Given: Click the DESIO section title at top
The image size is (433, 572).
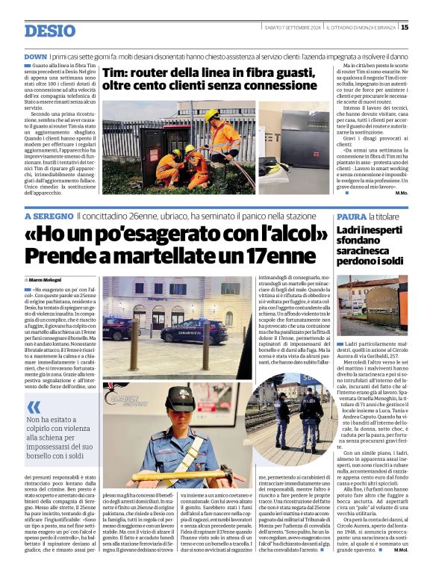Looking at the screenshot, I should click(x=51, y=31).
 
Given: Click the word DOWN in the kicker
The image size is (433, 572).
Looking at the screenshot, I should click(x=35, y=56).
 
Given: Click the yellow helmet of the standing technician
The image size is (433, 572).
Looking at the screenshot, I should click(x=212, y=114).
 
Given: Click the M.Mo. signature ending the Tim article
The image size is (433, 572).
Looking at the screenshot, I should click(x=402, y=193).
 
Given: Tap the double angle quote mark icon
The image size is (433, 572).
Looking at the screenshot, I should click(x=34, y=408).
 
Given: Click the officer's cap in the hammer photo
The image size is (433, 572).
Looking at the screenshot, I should click(x=181, y=399).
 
